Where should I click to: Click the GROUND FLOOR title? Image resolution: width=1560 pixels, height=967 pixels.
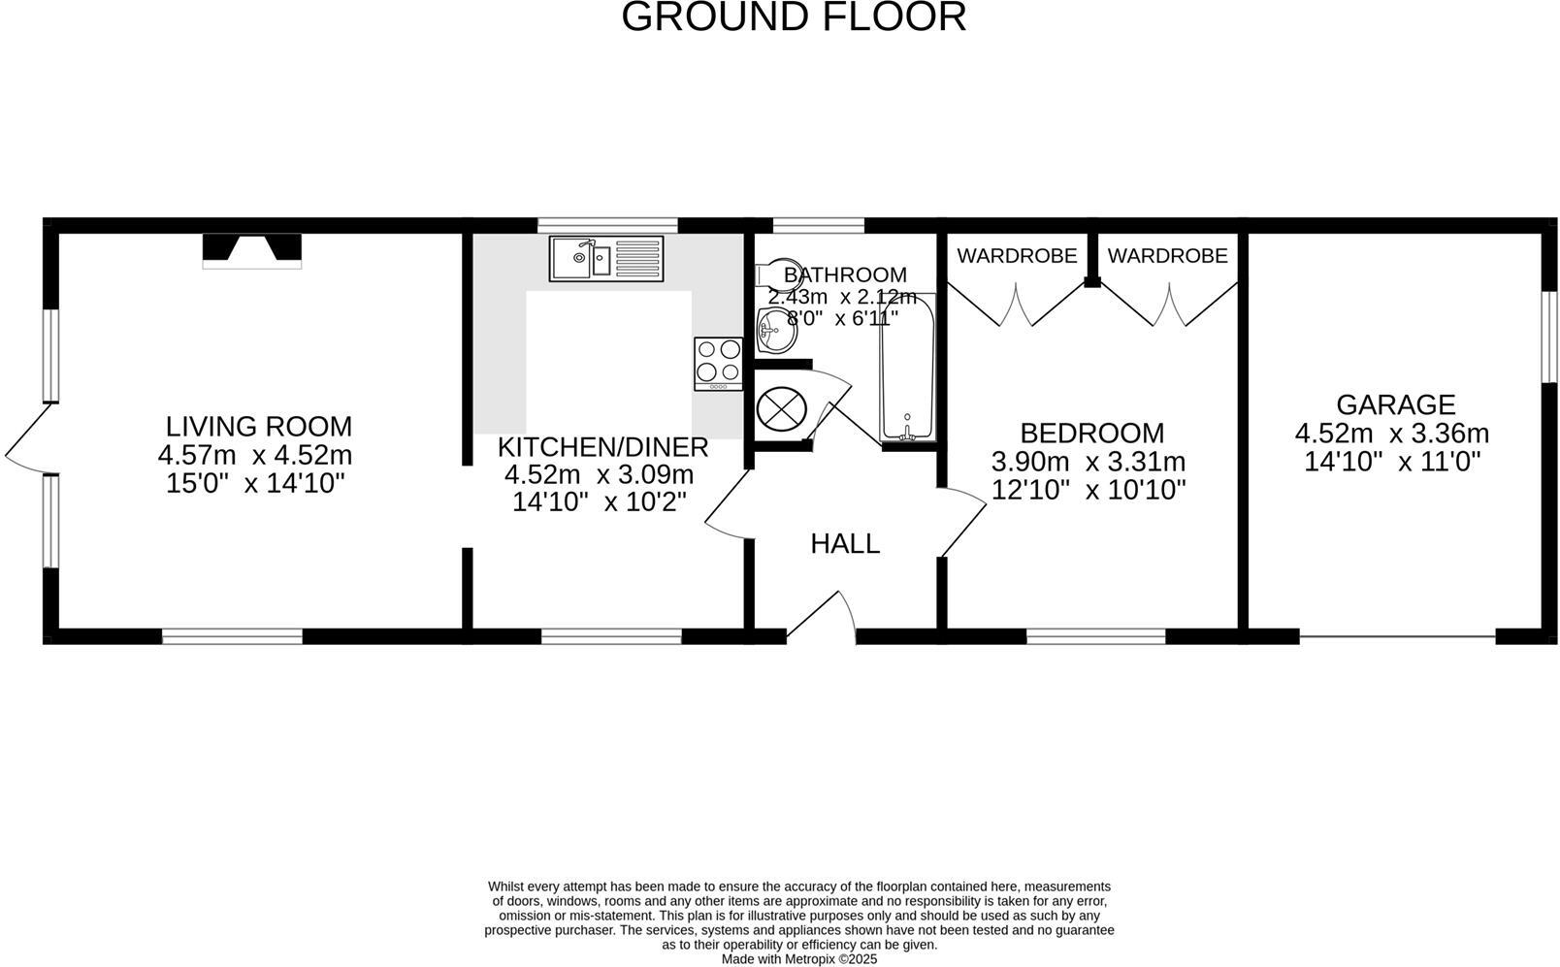point(794,17)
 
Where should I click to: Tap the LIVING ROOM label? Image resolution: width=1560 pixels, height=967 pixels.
point(258,426)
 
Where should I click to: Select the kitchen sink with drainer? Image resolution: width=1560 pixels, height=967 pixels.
point(605,258)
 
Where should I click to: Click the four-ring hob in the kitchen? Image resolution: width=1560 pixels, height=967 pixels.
point(718,362)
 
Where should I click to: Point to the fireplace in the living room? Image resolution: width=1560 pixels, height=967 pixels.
point(252,250)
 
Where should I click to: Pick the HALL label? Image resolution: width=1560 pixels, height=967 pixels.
point(845,543)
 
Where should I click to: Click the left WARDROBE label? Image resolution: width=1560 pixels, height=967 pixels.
point(1017,255)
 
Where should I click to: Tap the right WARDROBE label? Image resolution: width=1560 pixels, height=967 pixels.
point(1167,255)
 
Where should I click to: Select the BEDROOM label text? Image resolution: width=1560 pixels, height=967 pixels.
point(1091,433)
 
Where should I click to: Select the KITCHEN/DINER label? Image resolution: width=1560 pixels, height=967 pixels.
point(602,447)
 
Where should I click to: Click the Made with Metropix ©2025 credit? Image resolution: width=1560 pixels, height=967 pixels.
point(798,958)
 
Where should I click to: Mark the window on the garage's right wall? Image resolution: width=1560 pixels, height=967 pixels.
point(1548,336)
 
